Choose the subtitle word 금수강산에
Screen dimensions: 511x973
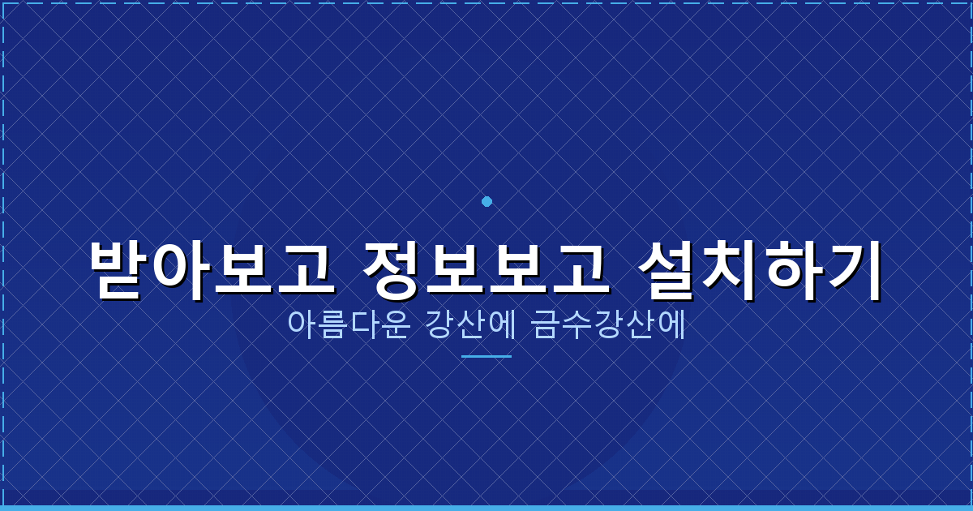coord(609,325)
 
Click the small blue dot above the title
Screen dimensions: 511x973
coord(486,201)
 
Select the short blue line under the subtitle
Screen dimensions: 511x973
coord(486,356)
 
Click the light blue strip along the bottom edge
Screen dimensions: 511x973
coord(486,508)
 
